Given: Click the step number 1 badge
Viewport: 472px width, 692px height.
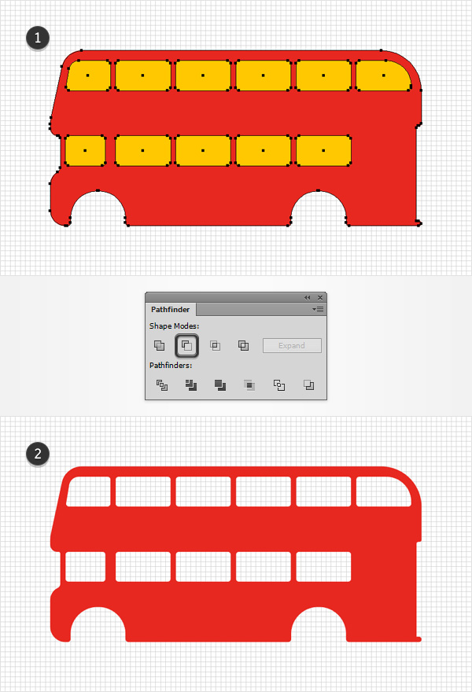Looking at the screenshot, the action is tap(38, 38).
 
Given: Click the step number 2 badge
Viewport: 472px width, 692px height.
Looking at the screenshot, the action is tap(38, 454).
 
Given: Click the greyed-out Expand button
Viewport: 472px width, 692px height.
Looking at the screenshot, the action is tap(292, 345).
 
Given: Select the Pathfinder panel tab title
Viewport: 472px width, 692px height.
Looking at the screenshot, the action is tap(171, 309).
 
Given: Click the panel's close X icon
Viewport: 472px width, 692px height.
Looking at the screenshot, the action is tap(320, 297).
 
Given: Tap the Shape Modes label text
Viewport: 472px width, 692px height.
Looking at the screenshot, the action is tap(174, 326).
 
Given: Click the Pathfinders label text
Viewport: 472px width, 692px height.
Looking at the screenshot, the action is tap(171, 366).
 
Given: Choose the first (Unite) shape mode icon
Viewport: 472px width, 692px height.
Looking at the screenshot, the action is tap(159, 345).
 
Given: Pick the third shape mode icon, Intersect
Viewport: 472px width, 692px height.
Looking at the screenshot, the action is tap(215, 345).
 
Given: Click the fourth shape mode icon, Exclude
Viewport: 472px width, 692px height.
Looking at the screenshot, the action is tap(243, 345).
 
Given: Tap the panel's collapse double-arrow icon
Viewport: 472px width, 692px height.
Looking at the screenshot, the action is tap(308, 297).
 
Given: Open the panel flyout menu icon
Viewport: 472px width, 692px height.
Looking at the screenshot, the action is tap(318, 309).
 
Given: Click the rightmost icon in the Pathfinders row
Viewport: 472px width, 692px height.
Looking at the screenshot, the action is tap(308, 385).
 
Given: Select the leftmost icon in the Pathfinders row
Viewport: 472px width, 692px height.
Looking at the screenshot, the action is tap(161, 385).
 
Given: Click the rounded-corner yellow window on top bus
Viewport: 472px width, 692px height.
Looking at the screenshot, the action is tap(383, 75).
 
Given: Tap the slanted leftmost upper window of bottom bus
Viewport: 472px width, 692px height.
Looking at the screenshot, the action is tap(88, 491).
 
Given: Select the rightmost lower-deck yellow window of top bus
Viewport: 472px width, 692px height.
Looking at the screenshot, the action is tap(323, 150).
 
